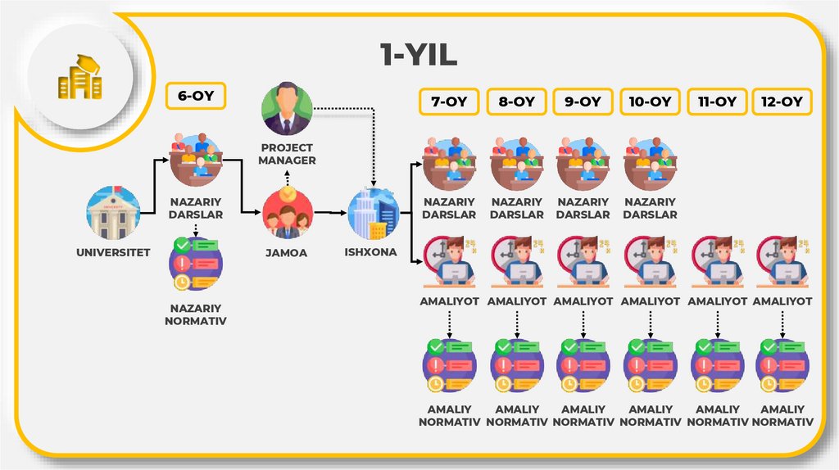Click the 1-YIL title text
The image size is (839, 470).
pyautogui.click(x=418, y=56)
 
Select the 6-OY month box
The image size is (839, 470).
pyautogui.click(x=196, y=96)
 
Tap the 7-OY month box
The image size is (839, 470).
pyautogui.click(x=449, y=102)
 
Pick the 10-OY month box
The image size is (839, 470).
pyautogui.click(x=651, y=102)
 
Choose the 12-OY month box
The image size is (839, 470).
pyautogui.click(x=781, y=102)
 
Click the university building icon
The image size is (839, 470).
pyautogui.click(x=114, y=214)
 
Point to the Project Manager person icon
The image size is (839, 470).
pyautogui.click(x=287, y=111)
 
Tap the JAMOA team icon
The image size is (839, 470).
pyautogui.click(x=287, y=214)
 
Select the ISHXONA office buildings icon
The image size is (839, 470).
pyautogui.click(x=373, y=215)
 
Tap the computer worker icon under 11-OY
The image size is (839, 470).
pyautogui.click(x=718, y=261)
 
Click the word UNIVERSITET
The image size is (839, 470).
pyautogui.click(x=114, y=252)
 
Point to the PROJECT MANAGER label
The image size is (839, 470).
pyautogui.click(x=287, y=154)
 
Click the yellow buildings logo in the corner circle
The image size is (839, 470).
pyautogui.click(x=79, y=78)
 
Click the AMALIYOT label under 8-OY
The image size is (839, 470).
pyautogui.click(x=516, y=301)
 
